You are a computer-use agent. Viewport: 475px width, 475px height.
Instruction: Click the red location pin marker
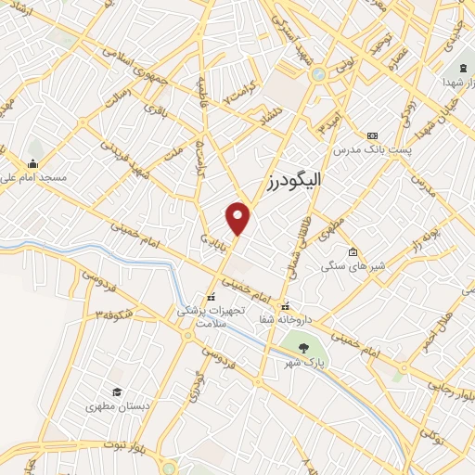point(238,217)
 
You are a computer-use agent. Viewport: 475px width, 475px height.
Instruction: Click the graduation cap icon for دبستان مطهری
point(117,392)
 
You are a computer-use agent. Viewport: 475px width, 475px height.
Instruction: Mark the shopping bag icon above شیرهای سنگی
point(353,251)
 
